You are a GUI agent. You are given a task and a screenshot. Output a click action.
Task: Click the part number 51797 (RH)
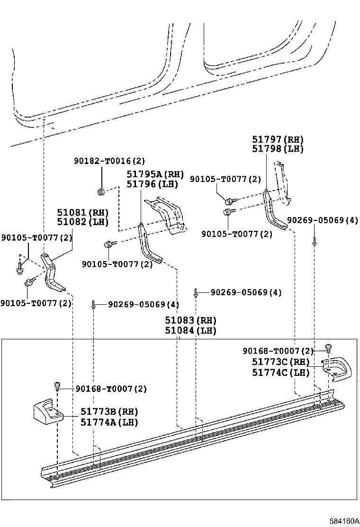tap(278, 139)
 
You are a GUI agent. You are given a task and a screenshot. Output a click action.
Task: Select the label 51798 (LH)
tap(278, 148)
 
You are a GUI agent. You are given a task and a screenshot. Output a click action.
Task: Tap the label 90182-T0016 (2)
tap(109, 161)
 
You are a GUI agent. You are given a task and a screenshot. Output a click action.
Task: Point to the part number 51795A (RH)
tap(155, 174)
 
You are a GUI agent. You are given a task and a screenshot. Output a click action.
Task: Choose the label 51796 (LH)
tap(152, 184)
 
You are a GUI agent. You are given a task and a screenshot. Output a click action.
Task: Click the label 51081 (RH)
tap(82, 212)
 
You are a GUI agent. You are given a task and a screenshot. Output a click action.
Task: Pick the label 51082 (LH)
tap(82, 222)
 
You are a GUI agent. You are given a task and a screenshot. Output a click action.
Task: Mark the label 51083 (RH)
tap(190, 320)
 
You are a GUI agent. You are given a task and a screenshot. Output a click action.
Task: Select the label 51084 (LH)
tap(190, 330)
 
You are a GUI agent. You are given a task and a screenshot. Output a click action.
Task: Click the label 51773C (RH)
tap(281, 362)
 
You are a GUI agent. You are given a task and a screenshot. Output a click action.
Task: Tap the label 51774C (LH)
tap(281, 373)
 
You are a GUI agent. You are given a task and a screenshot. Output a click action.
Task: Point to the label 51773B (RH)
tap(109, 412)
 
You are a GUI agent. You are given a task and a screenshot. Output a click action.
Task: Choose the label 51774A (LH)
tap(109, 422)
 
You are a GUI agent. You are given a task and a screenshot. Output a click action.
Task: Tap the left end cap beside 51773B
tap(48, 410)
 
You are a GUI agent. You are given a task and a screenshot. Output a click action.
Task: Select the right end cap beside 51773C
tap(337, 369)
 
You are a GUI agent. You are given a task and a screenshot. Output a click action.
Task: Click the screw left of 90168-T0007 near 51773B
tap(57, 386)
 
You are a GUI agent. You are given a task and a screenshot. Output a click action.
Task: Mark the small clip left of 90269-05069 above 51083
tap(196, 292)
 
